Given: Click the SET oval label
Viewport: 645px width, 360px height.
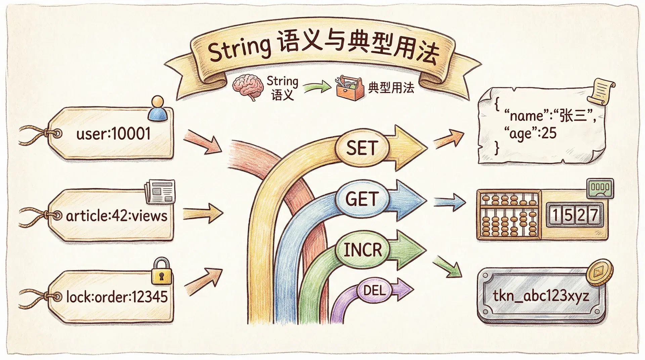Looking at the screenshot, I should point(362,148).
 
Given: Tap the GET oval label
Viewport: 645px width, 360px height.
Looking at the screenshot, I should point(362,199).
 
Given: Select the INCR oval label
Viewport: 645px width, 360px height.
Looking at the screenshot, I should point(363,250).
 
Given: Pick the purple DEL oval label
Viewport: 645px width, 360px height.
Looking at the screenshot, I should point(374,290).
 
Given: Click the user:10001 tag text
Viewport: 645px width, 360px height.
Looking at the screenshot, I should point(113,134).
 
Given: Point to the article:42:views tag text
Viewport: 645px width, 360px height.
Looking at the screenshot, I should point(117,216).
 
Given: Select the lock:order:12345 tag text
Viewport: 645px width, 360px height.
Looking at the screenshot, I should point(117,297).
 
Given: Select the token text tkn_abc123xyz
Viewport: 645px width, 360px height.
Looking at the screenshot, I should point(541,296).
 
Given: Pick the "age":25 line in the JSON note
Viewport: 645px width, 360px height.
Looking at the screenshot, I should point(530,134).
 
